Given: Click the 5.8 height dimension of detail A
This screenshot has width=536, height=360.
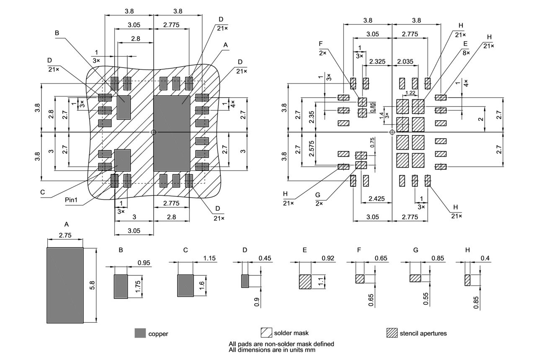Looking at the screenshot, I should [x=92, y=285].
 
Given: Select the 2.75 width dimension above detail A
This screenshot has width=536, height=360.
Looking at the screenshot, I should [x=65, y=236].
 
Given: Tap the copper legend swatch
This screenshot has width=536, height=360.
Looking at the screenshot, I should [x=140, y=333].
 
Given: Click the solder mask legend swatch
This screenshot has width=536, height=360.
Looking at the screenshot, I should [x=266, y=333].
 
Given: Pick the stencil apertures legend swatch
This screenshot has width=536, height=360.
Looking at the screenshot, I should [x=392, y=333].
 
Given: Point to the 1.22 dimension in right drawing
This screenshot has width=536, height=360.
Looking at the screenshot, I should [x=410, y=93].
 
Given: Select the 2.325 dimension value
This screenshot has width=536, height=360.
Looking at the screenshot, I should [x=377, y=62].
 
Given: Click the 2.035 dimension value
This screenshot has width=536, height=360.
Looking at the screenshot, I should [x=405, y=62].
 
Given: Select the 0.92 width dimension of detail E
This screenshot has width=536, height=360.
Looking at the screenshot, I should [x=328, y=259].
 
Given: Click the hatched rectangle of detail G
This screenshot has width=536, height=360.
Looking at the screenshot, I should [x=415, y=278].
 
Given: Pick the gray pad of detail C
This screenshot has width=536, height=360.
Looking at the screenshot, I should [x=186, y=285].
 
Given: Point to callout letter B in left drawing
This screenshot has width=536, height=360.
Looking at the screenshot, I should [x=57, y=33].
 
